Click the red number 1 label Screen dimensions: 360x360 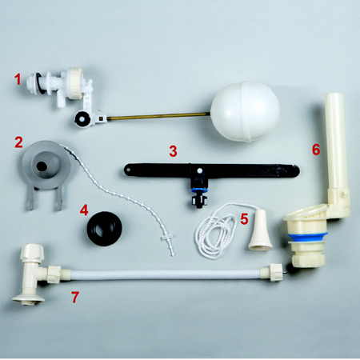tap(18, 79)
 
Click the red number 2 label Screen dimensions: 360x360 tap(18, 142)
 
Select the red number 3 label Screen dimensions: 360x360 tap(173, 151)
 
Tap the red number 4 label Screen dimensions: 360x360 tap(84, 210)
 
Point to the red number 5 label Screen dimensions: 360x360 tap(244, 219)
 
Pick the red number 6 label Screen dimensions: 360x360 tap(316, 150)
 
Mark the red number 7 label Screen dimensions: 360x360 tap(75, 297)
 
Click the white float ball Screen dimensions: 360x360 tap(245, 111)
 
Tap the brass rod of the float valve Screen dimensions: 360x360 tap(158, 116)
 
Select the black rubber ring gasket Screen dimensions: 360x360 tap(105, 229)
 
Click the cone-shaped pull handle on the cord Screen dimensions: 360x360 tap(260, 230)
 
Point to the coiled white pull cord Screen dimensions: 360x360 tap(217, 231)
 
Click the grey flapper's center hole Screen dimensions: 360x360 tap(42, 166)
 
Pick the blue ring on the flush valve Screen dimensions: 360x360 tap(308, 236)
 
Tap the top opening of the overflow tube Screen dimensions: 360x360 tap(334, 95)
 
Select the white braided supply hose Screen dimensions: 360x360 tap(166, 274)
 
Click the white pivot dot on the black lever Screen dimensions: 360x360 tap(199, 170)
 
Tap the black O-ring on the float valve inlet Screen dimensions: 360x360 tap(41, 83)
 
